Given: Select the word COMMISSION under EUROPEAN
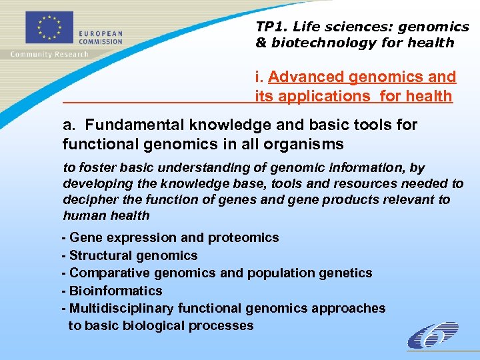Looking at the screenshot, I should (x=101, y=41).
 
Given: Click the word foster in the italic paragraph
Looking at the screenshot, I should (x=96, y=168).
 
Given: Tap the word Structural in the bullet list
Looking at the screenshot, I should (x=100, y=255).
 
